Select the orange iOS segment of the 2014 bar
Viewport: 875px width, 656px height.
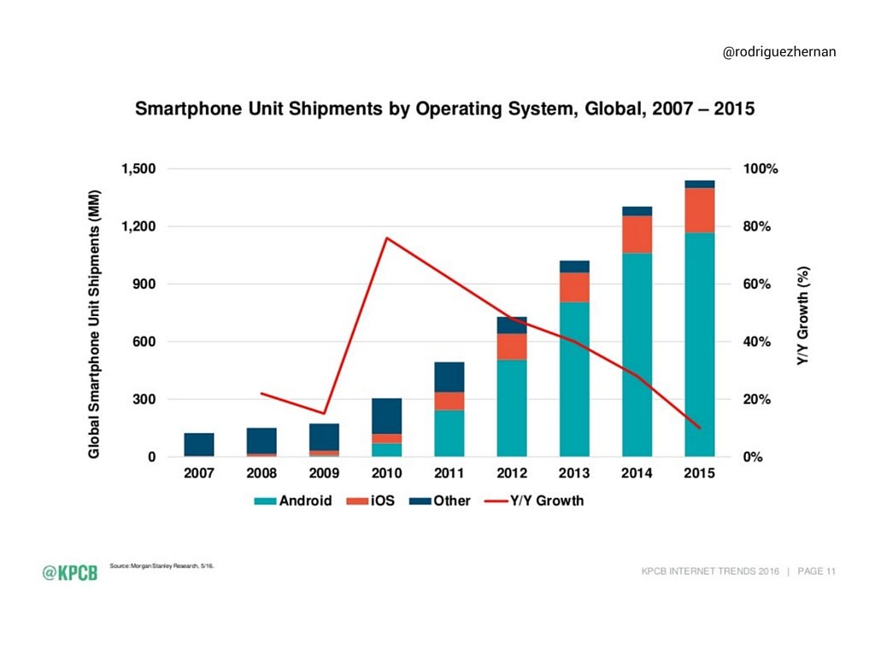point(637,234)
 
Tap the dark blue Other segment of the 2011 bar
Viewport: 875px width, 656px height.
point(449,377)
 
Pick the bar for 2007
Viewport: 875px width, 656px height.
point(198,444)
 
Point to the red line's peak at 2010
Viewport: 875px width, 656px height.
point(386,237)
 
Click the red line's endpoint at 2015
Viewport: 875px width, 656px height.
point(700,428)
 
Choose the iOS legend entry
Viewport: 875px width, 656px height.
point(375,501)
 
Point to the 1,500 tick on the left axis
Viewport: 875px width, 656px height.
point(137,169)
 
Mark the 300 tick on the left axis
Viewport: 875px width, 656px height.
point(144,400)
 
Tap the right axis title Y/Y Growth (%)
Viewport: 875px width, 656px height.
point(803,313)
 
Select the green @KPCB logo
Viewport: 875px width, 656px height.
point(70,572)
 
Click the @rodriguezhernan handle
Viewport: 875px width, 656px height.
point(779,53)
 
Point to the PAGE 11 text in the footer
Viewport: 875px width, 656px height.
point(816,571)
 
